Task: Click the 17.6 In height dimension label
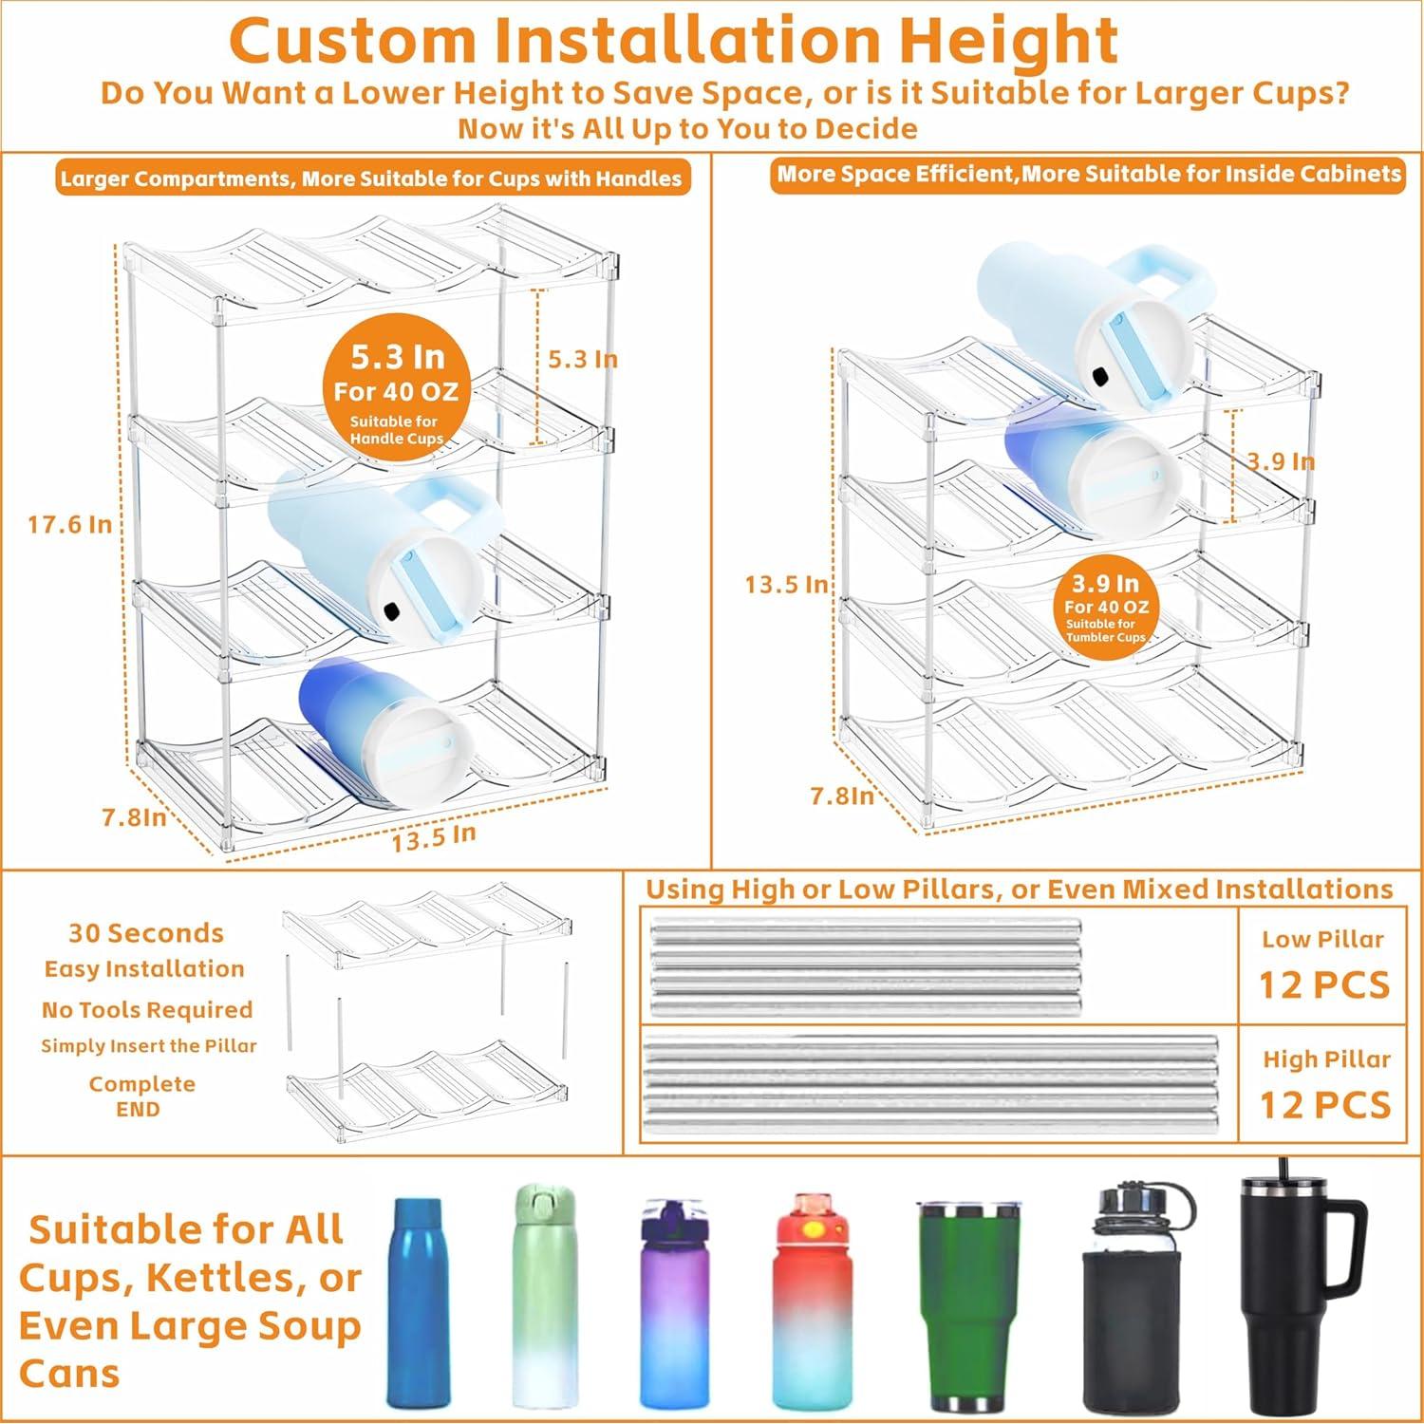tap(69, 524)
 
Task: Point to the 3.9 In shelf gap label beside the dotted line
tap(1280, 461)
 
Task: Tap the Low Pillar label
tap(1323, 940)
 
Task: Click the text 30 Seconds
tap(146, 933)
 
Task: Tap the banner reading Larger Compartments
tap(370, 178)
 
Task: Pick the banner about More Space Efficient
tap(1088, 175)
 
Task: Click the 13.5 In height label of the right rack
tap(786, 584)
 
